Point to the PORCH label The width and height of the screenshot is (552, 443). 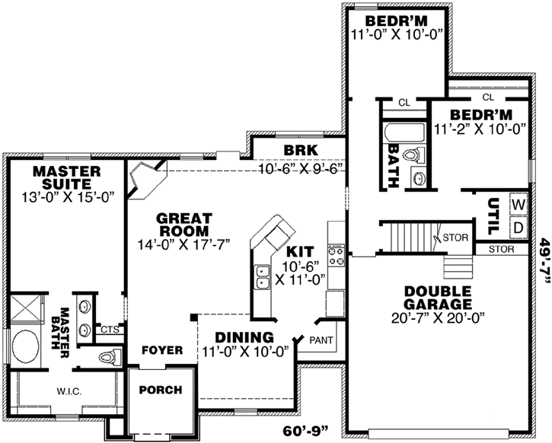(x=160, y=390)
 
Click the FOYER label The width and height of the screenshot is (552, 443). (x=161, y=350)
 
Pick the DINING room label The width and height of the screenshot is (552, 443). (x=244, y=338)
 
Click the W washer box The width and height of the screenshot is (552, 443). (x=518, y=205)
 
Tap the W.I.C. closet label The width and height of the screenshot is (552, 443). (x=68, y=391)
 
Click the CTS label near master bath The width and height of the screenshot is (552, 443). (x=110, y=330)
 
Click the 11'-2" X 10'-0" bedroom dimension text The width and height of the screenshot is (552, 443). (x=480, y=129)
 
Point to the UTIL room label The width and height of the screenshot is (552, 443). (x=493, y=215)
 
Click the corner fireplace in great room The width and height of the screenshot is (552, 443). (x=142, y=180)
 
